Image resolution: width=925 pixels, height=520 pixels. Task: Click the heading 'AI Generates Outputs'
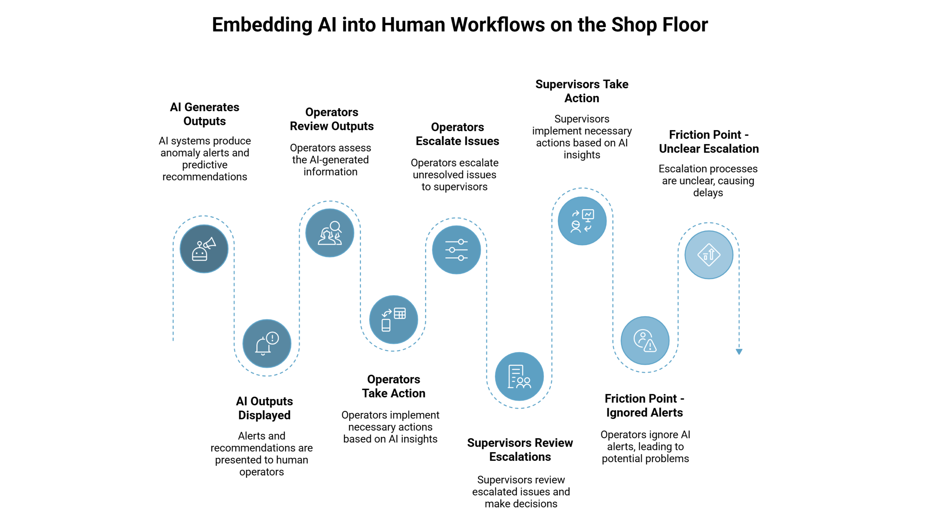point(204,114)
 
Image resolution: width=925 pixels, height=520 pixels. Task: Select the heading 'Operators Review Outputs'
point(331,119)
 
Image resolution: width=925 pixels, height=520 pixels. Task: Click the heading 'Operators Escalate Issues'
point(457,134)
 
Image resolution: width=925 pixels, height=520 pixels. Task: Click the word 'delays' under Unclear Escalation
point(708,193)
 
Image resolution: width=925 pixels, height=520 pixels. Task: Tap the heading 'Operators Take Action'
point(394,386)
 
